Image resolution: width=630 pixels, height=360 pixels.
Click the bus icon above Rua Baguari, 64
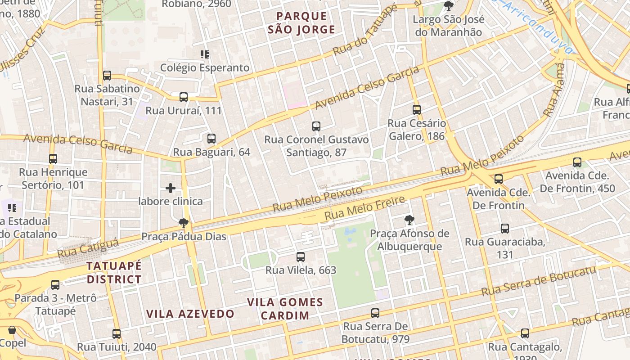click(211, 139)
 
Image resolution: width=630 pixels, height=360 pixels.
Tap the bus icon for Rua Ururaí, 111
click(184, 97)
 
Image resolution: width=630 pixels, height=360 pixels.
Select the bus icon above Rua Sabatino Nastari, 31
click(107, 76)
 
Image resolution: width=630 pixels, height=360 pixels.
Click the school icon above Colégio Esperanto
click(205, 54)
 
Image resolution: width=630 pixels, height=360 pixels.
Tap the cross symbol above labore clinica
click(171, 188)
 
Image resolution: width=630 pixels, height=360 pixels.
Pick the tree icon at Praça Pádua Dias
click(184, 223)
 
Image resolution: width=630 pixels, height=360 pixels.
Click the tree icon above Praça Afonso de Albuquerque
click(409, 220)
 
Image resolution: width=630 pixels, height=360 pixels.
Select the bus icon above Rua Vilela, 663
click(301, 257)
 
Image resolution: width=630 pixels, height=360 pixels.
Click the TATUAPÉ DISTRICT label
click(114, 272)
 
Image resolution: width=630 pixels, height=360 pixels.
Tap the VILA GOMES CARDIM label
click(285, 308)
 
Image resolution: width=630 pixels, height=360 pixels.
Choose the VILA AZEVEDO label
click(190, 314)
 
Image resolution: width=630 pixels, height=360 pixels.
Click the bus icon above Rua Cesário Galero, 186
click(417, 109)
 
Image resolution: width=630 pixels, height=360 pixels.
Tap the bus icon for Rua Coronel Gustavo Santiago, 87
click(316, 126)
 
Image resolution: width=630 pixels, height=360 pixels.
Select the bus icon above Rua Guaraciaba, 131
click(505, 229)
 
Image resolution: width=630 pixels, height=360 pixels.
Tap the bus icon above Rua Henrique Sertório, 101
click(53, 158)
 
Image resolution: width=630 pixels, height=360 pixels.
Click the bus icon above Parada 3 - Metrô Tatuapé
click(55, 284)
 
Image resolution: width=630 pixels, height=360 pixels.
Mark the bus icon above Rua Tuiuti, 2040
click(117, 333)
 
